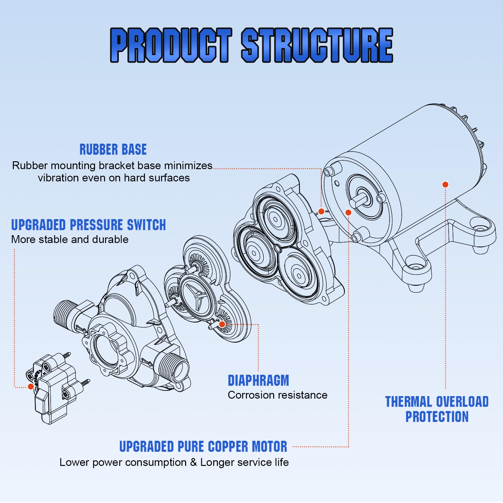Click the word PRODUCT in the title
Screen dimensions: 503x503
coord(171,45)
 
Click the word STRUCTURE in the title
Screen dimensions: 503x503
coord(317,45)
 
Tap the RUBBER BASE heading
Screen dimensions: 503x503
coord(113,150)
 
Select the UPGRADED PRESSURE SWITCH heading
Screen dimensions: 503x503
coord(88,225)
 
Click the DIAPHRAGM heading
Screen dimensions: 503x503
coord(258,380)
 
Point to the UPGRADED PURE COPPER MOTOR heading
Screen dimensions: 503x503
coord(203,446)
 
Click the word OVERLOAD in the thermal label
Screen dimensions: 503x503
coord(462,402)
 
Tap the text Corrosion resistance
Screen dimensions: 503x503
coord(278,395)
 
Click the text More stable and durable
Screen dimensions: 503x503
coord(70,240)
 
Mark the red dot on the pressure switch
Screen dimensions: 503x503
coord(31,386)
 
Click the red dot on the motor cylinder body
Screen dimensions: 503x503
coord(445,185)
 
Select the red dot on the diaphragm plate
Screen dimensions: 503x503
coord(222,324)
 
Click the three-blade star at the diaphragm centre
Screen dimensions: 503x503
coord(196,297)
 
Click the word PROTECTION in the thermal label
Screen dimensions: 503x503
coord(437,417)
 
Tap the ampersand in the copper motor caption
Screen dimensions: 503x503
coord(193,462)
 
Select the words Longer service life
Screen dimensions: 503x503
coord(245,462)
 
